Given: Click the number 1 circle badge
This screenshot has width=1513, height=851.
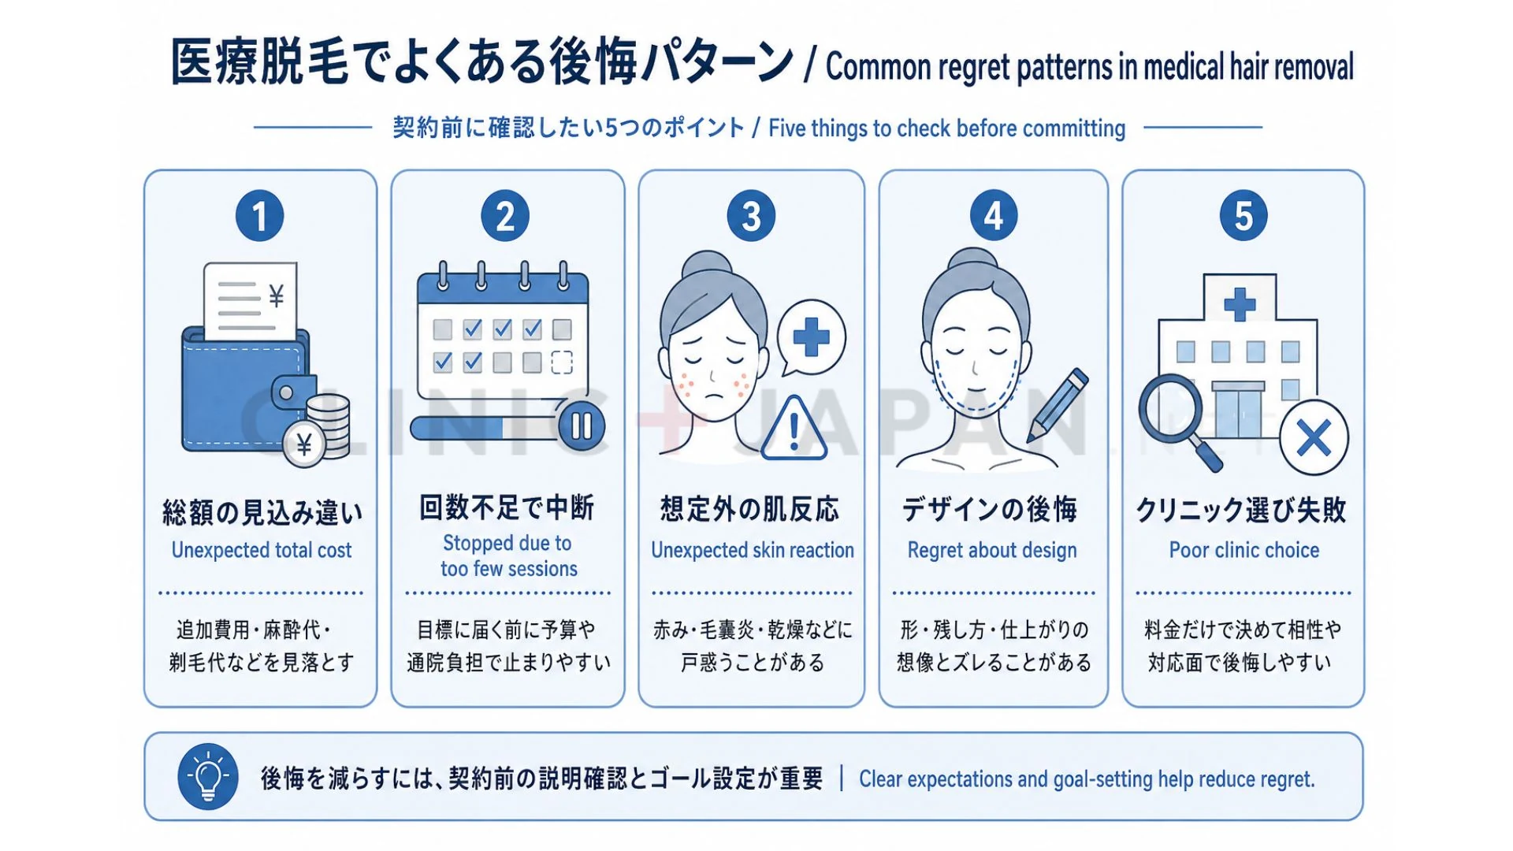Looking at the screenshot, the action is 259,216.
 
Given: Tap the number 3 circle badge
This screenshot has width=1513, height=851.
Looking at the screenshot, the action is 751,216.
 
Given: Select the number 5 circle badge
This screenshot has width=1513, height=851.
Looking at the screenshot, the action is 1243,216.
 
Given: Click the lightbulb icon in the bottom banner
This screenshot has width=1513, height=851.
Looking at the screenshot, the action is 208,777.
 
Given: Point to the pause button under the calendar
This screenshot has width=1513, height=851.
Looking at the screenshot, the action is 582,426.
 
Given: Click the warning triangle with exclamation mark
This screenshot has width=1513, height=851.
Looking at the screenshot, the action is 794,429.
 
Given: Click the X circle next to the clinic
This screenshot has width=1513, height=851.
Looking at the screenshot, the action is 1314,438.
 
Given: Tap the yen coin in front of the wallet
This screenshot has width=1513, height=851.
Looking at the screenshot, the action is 304,445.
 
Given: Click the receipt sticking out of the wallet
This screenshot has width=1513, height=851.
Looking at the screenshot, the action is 251,302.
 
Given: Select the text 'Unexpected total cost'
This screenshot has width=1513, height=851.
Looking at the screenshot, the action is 262,550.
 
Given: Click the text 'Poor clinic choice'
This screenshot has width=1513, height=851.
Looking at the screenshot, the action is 1243,550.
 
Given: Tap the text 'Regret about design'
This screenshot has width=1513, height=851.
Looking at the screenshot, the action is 992,550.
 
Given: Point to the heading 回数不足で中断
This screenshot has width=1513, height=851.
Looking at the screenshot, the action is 507,507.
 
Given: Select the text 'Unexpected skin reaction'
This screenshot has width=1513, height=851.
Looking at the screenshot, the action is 753,550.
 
